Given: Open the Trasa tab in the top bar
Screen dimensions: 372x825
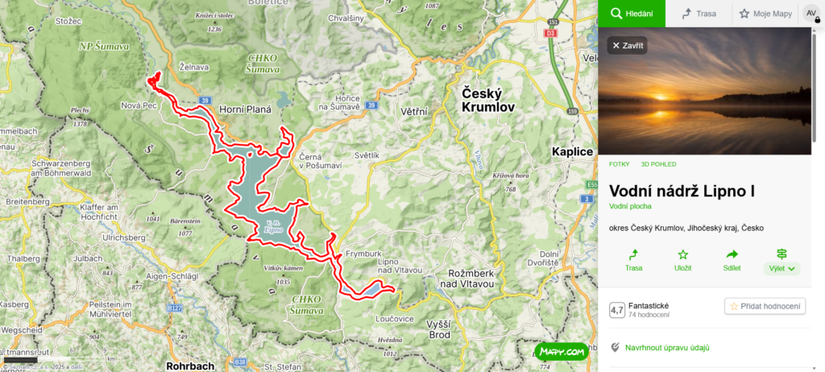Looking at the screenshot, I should [699, 14].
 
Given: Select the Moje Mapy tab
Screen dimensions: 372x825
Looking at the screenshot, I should [765, 14].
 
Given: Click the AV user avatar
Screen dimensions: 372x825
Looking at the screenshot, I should [810, 14].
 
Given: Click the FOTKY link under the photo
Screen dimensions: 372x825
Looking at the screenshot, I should [619, 164].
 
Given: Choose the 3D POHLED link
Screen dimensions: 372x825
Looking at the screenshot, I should [659, 164].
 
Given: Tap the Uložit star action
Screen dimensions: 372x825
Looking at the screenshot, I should [682, 260].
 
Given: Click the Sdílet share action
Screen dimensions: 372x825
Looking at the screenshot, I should [732, 260].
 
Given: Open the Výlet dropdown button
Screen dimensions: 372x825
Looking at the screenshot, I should [781, 261].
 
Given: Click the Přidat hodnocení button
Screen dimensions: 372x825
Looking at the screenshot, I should [765, 306].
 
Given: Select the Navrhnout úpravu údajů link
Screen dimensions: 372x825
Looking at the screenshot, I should [666, 348].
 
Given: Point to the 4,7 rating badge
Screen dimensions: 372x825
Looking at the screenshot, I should [617, 309].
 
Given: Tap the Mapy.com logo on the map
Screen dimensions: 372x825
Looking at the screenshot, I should [562, 352].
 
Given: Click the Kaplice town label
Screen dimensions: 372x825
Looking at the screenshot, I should [573, 151].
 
